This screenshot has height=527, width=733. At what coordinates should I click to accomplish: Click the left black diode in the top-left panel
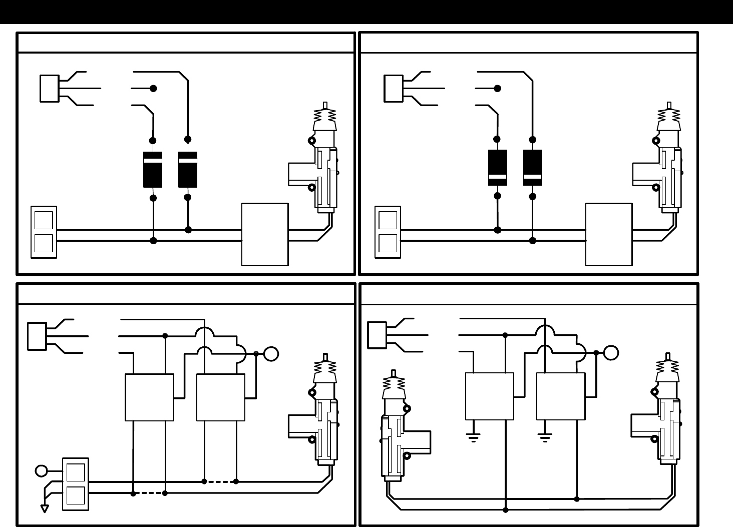pyautogui.click(x=153, y=169)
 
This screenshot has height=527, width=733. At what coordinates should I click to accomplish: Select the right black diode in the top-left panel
pyautogui.click(x=188, y=169)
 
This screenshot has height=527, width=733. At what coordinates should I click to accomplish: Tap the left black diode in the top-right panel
pyautogui.click(x=497, y=168)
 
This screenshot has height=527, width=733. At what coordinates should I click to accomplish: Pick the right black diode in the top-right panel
pyautogui.click(x=533, y=168)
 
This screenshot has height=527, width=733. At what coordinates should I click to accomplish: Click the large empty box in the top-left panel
pyautogui.click(x=265, y=234)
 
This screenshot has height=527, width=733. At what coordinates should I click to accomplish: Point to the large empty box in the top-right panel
pyautogui.click(x=609, y=234)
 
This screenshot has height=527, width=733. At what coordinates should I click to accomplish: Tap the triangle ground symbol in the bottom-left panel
pyautogui.click(x=45, y=508)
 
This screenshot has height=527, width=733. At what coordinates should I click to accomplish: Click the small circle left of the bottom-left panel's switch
pyautogui.click(x=41, y=471)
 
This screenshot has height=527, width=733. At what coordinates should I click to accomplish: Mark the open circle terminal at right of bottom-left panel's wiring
pyautogui.click(x=271, y=354)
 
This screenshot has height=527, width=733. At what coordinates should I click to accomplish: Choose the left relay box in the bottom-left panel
pyautogui.click(x=149, y=397)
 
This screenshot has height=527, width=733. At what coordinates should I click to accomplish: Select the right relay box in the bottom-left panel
pyautogui.click(x=221, y=397)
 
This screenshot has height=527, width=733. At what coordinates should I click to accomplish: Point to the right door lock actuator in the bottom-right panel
pyautogui.click(x=663, y=410)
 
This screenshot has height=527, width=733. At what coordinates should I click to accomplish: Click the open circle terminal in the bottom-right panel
pyautogui.click(x=611, y=352)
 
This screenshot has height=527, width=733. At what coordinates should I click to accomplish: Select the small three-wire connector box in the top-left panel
pyautogui.click(x=49, y=89)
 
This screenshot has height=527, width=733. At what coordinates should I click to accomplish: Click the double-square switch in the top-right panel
pyautogui.click(x=388, y=232)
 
